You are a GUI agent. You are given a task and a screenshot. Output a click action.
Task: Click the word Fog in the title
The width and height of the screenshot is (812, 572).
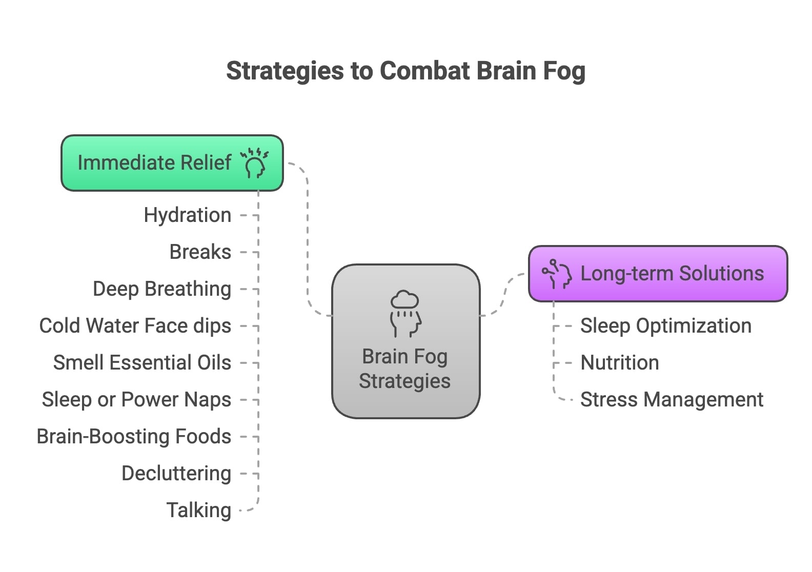point(564,71)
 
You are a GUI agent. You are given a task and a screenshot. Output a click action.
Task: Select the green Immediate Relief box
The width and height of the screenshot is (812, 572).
point(154,163)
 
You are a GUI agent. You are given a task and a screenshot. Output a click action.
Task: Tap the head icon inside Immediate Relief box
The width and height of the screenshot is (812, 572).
point(255,163)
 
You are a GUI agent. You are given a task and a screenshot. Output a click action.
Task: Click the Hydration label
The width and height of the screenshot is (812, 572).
point(187,215)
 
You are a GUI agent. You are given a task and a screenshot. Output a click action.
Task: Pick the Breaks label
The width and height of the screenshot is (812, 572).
point(200,252)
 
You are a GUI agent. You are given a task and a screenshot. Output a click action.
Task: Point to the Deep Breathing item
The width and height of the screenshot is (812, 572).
point(162,289)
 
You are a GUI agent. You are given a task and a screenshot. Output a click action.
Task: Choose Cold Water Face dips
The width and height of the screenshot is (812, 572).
point(135,326)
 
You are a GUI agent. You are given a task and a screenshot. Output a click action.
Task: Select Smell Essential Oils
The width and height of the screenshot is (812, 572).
point(142,363)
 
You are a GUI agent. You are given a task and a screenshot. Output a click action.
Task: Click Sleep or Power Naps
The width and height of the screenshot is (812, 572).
point(136,400)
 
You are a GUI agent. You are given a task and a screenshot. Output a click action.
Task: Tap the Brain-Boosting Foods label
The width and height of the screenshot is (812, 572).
point(134,437)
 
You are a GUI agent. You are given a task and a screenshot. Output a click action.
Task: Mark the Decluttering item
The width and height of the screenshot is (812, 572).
point(176,474)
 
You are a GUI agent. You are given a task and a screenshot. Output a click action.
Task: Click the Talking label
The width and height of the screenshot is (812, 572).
point(199,510)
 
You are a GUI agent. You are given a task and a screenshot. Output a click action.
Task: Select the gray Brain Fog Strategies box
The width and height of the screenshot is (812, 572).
point(405,369)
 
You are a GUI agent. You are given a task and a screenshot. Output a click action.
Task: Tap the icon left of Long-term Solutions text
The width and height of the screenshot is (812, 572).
point(557,274)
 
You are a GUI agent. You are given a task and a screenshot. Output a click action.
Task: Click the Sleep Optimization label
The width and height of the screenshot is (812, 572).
point(665,326)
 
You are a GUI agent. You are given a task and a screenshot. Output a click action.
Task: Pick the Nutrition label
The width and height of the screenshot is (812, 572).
point(619,363)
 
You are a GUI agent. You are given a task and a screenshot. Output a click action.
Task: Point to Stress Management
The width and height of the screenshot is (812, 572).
point(672,400)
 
